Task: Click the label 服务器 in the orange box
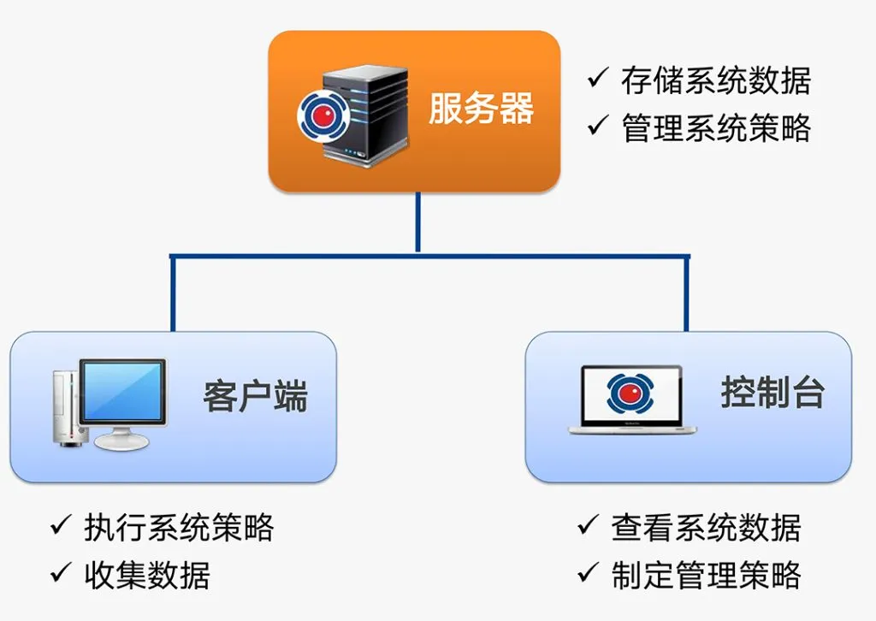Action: (x=481, y=109)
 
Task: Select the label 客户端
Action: (x=255, y=398)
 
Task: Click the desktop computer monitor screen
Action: (x=122, y=391)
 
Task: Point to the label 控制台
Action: (x=772, y=393)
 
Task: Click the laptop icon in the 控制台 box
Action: (x=632, y=399)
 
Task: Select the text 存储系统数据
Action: (x=715, y=81)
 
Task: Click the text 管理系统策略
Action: (x=715, y=128)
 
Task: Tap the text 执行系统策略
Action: (x=179, y=528)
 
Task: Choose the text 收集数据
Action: (x=146, y=575)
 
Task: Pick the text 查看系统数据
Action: (x=706, y=528)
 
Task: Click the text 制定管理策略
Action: (x=706, y=575)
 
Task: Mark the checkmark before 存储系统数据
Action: (x=597, y=80)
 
